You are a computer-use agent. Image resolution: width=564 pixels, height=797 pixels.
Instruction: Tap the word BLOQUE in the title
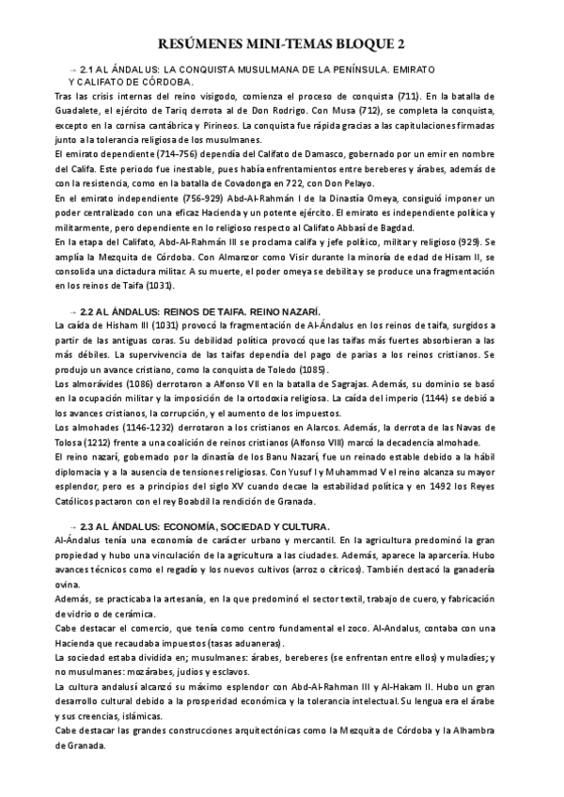pos(363,44)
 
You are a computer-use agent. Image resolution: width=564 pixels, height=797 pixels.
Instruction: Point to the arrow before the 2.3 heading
pos(74,526)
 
